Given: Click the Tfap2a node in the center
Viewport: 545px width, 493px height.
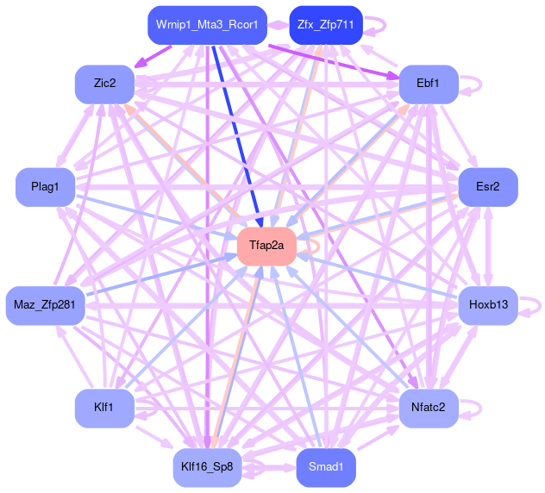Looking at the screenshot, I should tap(266, 246).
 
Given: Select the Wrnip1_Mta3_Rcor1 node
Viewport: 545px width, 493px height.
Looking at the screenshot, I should tap(206, 24).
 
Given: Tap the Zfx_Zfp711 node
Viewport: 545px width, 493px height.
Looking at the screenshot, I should tap(325, 24).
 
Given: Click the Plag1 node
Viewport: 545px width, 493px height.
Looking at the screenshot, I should tap(45, 187).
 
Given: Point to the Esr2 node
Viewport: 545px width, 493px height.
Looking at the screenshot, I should tap(487, 187).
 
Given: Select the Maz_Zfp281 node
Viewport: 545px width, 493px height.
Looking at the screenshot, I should tap(45, 305).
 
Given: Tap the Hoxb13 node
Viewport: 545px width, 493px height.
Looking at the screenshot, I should tap(487, 305).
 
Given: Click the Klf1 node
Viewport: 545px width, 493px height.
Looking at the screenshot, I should tap(104, 404).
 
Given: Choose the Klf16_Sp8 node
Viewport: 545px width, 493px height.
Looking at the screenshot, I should tap(206, 467).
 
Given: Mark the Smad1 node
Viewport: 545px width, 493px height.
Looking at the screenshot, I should tap(325, 467).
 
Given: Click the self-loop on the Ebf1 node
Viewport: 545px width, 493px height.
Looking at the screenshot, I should tap(470, 84).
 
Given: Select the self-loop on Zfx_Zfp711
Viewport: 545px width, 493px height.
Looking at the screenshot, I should tap(376, 24).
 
